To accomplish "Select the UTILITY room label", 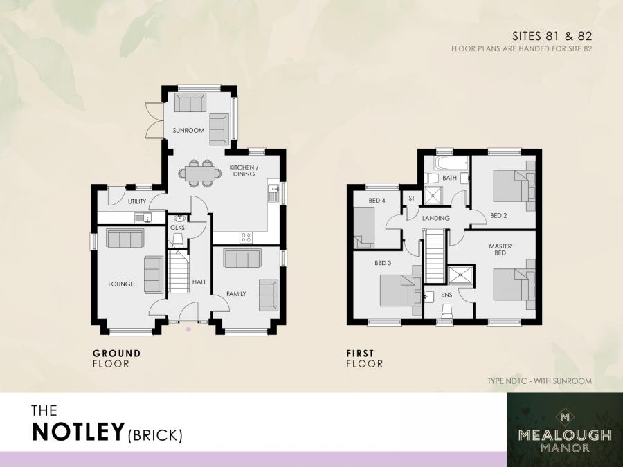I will [x=137, y=201].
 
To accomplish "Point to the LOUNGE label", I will [x=120, y=284].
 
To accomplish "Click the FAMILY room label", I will [x=236, y=294].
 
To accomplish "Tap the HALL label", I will [x=199, y=282].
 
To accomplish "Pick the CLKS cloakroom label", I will [x=177, y=227].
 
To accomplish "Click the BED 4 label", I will [x=377, y=201].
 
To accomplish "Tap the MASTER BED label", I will [x=499, y=249].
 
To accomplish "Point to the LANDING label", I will [x=436, y=219].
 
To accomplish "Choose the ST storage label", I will [x=412, y=199].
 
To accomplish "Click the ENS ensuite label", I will [x=446, y=295].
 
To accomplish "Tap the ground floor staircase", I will [x=179, y=274].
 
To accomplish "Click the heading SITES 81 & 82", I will [x=551, y=35].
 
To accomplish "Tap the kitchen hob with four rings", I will [x=246, y=237].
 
